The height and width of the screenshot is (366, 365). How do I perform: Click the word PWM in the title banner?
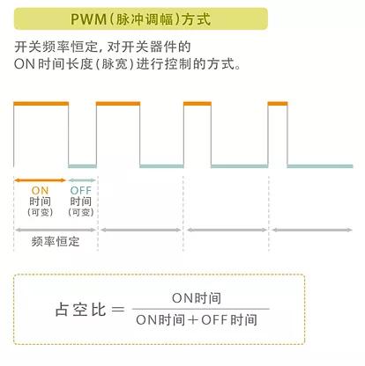click(88, 19)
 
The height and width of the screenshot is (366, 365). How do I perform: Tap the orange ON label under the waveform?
click(40, 191)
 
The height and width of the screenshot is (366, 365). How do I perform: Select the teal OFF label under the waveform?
click(81, 191)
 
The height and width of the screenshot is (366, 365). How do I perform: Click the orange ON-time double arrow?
click(40, 180)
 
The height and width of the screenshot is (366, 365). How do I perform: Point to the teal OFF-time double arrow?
click(82, 180)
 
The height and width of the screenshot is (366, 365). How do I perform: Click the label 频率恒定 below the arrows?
click(56, 242)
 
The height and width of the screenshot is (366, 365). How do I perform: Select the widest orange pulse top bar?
click(41, 104)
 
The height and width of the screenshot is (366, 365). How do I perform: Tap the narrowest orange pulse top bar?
click(278, 104)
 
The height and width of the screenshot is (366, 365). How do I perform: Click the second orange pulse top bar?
click(118, 104)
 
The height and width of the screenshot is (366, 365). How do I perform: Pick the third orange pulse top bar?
click(197, 104)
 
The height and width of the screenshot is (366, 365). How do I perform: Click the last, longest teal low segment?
click(320, 166)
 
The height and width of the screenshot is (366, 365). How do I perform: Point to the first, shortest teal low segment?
click(83, 166)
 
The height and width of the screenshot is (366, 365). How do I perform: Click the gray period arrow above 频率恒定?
click(56, 230)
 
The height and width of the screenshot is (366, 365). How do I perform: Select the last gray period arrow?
click(312, 230)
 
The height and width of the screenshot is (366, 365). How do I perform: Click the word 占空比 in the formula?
click(80, 310)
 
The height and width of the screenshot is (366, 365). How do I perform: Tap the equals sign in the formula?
click(118, 309)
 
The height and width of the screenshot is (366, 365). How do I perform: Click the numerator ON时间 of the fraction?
click(197, 298)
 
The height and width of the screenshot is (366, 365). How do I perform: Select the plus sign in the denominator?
click(193, 319)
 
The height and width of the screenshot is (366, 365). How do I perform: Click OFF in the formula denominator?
click(214, 319)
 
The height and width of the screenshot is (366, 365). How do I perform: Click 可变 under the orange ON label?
click(41, 212)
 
